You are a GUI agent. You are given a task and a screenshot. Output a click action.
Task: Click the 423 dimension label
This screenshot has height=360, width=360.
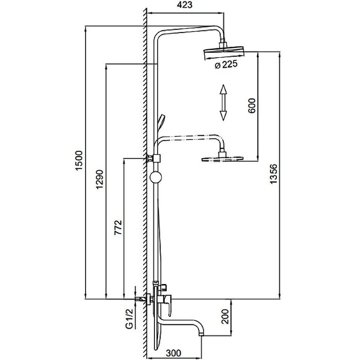[x=185, y=5]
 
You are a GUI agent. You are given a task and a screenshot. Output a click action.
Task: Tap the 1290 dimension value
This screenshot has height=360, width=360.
[x=100, y=179]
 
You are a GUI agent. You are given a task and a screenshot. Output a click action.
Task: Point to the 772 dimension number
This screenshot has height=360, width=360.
[x=118, y=227]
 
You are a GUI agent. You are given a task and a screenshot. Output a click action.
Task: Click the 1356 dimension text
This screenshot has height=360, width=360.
[x=274, y=174]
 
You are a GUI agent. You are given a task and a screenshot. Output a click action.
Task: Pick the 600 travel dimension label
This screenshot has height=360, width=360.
[x=252, y=105]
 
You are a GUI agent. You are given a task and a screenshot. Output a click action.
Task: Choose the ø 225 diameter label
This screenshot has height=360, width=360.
[x=226, y=64]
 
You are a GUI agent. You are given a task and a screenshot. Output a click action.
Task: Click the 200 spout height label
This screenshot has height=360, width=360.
[x=225, y=316]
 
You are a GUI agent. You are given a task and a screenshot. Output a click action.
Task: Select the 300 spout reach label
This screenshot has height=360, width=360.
[x=174, y=353]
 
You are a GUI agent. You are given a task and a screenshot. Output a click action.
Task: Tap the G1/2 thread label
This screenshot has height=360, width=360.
[x=130, y=319]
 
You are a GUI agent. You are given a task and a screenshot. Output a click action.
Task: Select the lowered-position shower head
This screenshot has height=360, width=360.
[x=222, y=159]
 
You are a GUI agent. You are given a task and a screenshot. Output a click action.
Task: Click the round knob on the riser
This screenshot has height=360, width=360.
[x=156, y=177]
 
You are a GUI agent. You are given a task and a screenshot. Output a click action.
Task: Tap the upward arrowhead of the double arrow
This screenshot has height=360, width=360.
[x=223, y=90]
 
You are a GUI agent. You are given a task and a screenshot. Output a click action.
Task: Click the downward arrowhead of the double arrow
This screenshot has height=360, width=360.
[x=223, y=116]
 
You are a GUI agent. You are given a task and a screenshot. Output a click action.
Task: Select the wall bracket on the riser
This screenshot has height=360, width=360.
[x=154, y=158]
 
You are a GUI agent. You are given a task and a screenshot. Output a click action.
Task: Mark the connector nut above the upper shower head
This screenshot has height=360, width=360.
[x=223, y=45]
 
